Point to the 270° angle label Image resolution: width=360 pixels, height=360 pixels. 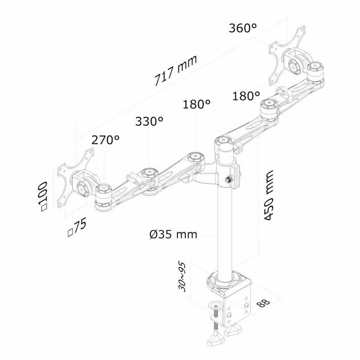[105, 139]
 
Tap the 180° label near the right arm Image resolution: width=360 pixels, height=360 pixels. [245, 96]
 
